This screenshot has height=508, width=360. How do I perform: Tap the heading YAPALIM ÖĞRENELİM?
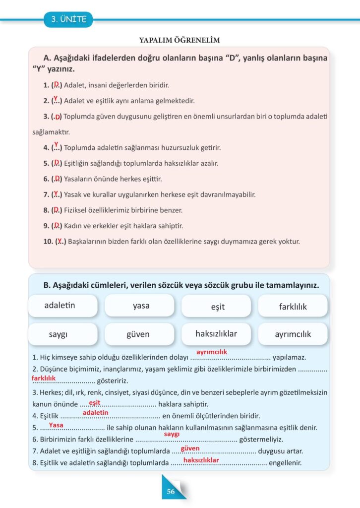pos(179,40)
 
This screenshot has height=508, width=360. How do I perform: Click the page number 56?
pos(171,492)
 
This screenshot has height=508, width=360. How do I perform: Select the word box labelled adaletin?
pos(62,306)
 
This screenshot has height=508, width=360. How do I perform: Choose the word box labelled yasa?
pos(141,306)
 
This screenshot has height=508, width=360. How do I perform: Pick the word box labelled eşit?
pos(218,307)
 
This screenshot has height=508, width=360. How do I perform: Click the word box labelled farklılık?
pos(293,307)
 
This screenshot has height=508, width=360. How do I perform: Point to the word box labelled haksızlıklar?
pos(216,334)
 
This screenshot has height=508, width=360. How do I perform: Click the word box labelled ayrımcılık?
pos(293,334)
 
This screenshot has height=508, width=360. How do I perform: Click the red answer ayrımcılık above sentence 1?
pos(212,352)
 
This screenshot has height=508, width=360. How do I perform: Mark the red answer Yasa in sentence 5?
pos(56,425)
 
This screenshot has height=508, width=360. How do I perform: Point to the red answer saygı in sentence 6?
pos(172,434)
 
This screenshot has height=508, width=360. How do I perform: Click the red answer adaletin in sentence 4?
pos(95,412)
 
